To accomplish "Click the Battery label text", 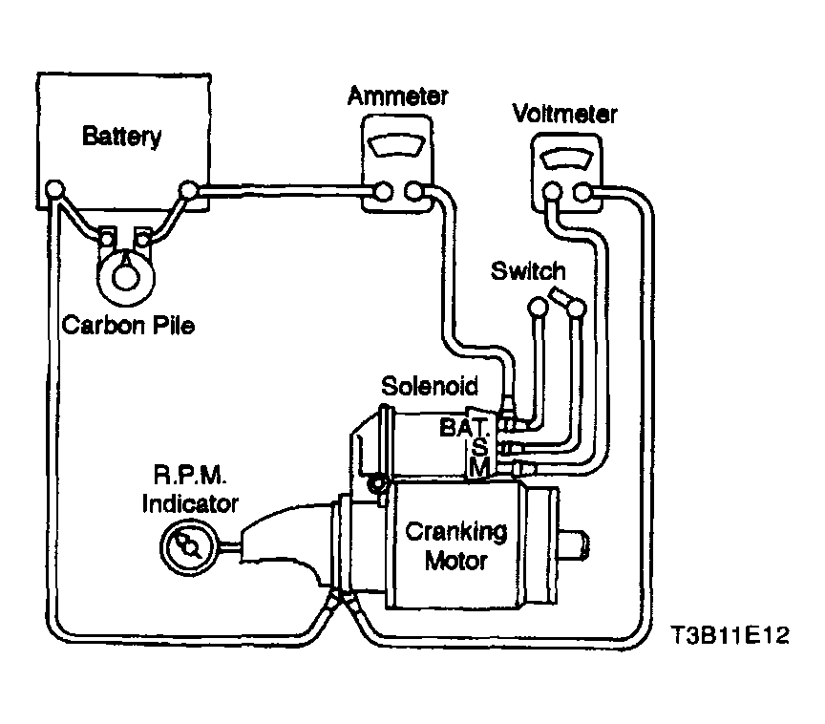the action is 121,137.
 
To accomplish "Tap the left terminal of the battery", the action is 54,188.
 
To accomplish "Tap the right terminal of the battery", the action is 188,189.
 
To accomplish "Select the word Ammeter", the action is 398,96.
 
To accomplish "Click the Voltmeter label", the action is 564,114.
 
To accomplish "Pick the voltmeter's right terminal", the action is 582,192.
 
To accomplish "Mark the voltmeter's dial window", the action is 566,160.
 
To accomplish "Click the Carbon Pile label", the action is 128,325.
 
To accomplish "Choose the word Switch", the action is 528,271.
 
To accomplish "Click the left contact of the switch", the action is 538,307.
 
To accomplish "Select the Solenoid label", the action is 430,386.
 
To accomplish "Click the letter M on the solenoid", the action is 479,467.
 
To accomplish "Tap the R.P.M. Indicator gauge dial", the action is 188,546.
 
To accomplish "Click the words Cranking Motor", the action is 456,546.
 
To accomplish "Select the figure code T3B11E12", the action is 730,635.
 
